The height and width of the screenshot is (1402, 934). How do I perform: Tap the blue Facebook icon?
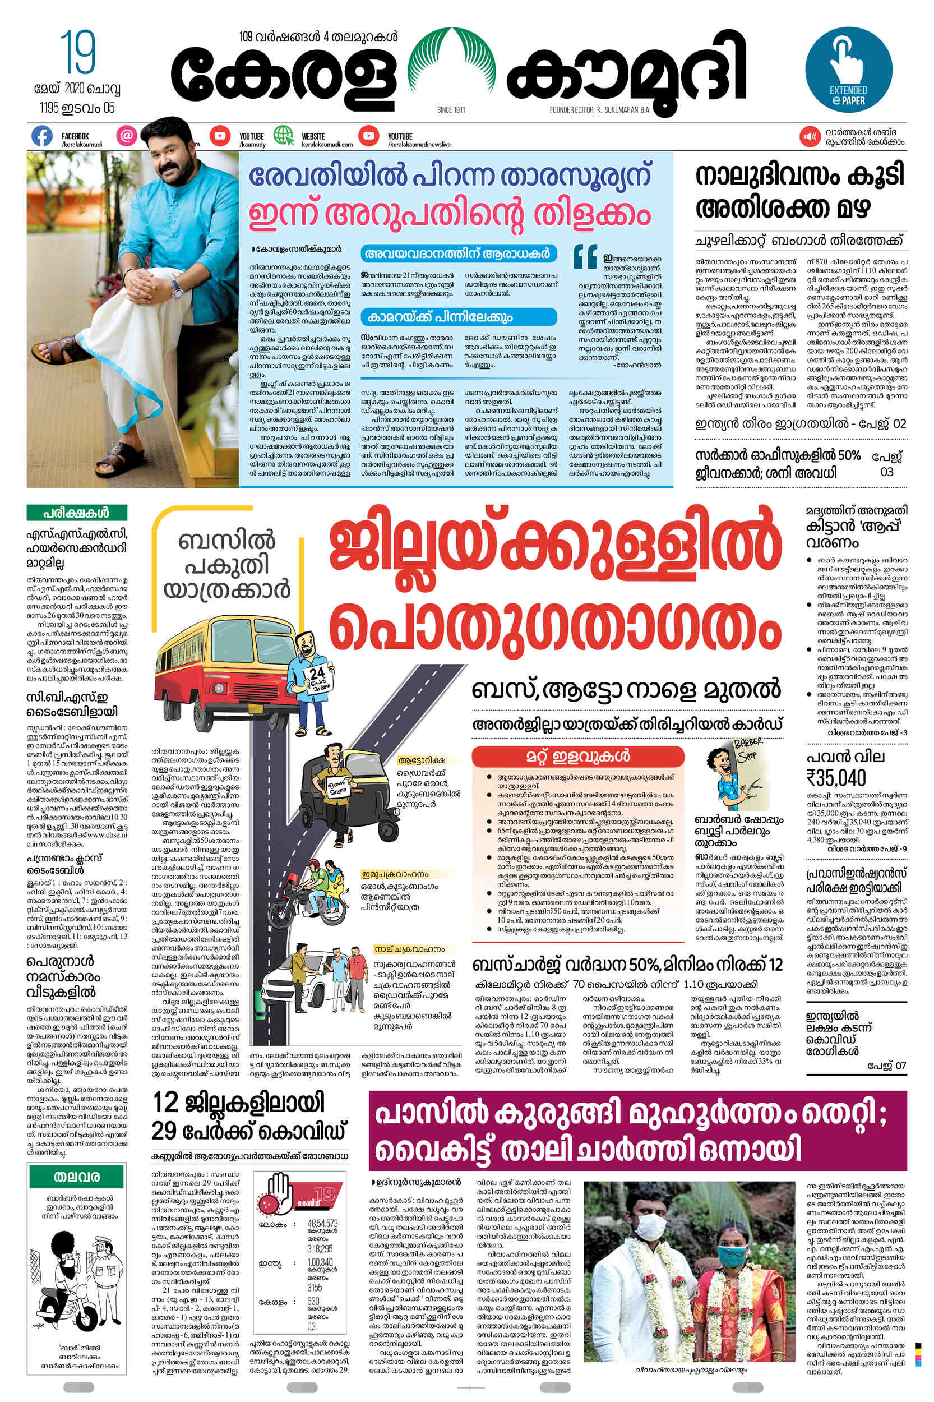pos(41,136)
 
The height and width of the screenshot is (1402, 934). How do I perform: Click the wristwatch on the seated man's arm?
pos(178,288)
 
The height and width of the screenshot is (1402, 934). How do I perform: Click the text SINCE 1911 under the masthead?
pos(451,109)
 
